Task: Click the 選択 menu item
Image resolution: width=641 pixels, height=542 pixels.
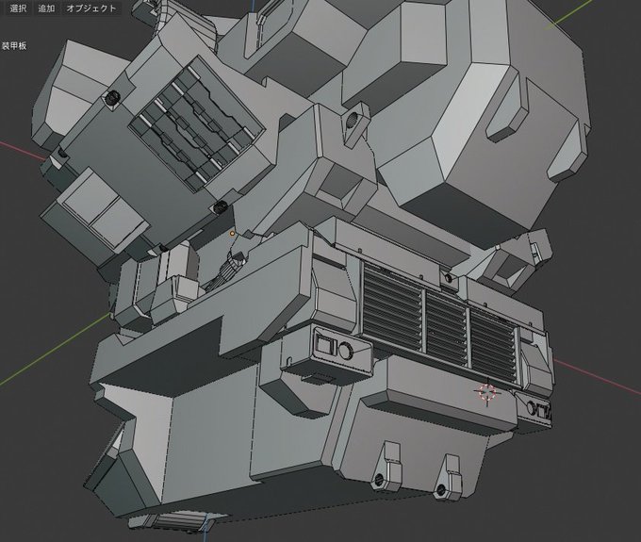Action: pyautogui.click(x=18, y=8)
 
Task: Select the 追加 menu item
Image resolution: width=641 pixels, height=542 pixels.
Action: pyautogui.click(x=46, y=8)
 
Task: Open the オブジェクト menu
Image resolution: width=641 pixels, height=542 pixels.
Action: pyautogui.click(x=91, y=8)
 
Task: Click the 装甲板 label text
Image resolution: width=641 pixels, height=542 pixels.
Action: pyautogui.click(x=14, y=45)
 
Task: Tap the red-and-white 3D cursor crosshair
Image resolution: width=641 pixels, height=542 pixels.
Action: pyautogui.click(x=487, y=391)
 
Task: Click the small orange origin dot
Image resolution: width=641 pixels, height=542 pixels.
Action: pyautogui.click(x=232, y=234)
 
